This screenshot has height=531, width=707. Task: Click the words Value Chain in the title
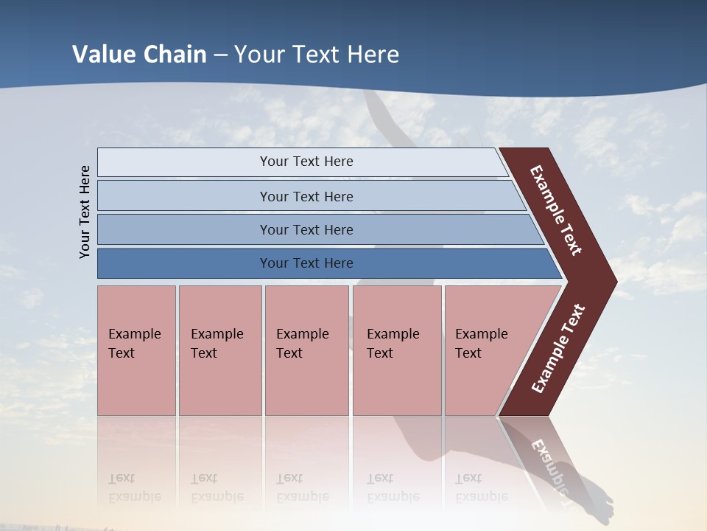[x=139, y=55]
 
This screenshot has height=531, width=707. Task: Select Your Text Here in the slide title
[x=317, y=55]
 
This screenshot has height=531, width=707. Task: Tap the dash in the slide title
[x=220, y=55]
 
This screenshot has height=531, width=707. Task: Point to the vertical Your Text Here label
[x=85, y=212]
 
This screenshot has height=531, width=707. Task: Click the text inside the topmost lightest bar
[x=306, y=162]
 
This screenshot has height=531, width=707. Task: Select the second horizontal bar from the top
[x=306, y=196]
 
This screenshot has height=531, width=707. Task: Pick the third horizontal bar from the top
[x=306, y=229]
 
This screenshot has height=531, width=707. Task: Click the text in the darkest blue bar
[x=306, y=263]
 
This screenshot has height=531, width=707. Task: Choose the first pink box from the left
[x=136, y=350]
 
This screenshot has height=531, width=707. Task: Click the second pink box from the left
[x=220, y=350]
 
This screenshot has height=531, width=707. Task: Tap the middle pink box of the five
[x=306, y=350]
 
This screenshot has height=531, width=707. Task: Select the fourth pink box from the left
[x=397, y=350]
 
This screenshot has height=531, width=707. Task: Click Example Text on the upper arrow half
[x=556, y=210]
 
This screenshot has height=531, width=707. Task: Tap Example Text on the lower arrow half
[x=558, y=349]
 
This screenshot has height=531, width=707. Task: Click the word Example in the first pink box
[x=134, y=334]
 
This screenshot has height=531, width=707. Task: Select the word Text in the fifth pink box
[x=468, y=353]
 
